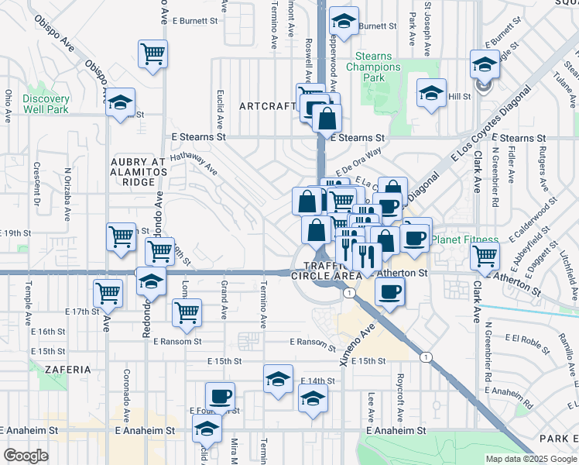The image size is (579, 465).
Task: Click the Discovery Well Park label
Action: click(x=46, y=104)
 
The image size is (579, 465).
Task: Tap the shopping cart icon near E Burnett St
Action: click(x=153, y=54)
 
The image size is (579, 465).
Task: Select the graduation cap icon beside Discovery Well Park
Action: click(x=120, y=103)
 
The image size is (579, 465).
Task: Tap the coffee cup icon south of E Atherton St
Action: click(x=389, y=292)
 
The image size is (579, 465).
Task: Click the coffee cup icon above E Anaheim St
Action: click(x=221, y=395)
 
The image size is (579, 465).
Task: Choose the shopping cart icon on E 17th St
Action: click(x=108, y=293)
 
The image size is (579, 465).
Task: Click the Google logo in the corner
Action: click(x=26, y=456)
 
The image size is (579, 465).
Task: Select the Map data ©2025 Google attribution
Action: click(x=529, y=458)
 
